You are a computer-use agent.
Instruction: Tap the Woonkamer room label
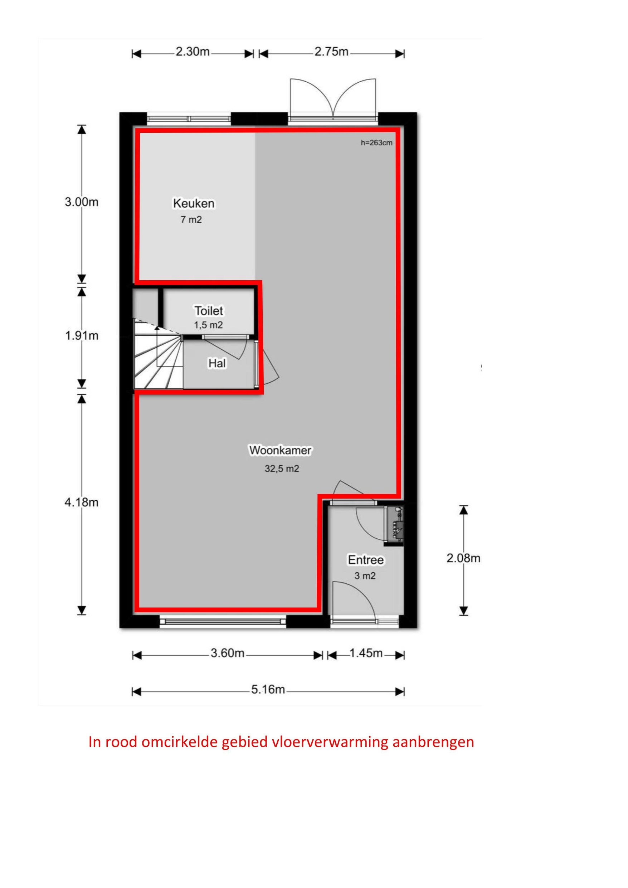tap(280, 450)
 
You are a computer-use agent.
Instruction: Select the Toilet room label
tap(209, 311)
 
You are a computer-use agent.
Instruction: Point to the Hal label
tap(217, 363)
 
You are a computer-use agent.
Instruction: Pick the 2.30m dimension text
tap(193, 52)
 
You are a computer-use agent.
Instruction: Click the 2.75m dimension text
tap(331, 52)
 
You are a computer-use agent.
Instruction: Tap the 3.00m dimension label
tap(81, 202)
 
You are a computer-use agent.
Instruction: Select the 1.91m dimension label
tap(81, 336)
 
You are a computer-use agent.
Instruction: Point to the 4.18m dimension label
tap(81, 503)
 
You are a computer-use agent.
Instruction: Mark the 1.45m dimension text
tap(366, 653)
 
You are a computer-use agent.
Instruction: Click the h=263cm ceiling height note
tap(376, 143)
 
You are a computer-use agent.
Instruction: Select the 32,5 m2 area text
tap(282, 469)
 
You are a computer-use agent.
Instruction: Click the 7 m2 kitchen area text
tap(191, 220)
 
